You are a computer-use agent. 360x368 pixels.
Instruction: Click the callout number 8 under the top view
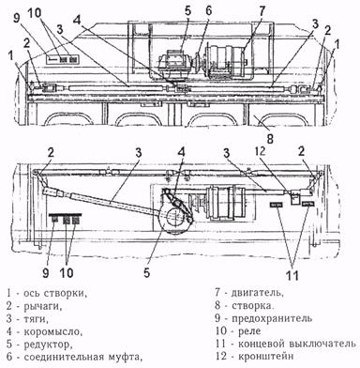pos(270,138)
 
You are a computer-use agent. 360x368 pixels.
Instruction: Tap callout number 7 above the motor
pos(262,11)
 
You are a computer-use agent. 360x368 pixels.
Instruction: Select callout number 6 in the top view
pos(208,10)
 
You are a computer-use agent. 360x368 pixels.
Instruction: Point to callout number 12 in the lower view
pos(261,151)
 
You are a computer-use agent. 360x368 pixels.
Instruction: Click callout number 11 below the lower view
pos(292,275)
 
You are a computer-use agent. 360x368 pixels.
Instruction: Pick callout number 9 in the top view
pos(17,18)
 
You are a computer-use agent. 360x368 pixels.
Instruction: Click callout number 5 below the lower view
pos(147,273)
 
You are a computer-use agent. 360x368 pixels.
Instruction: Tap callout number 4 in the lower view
pos(181,152)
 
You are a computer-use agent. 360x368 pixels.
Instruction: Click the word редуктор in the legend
pos(48,345)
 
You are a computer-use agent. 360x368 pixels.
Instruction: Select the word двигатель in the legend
pos(257,293)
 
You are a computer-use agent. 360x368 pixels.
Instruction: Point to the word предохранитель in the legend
pos(272,318)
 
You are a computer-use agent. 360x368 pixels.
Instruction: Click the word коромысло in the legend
pos(52,331)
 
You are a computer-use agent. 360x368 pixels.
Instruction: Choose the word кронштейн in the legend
pos(265,357)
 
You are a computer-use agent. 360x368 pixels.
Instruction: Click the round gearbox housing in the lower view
pos(173,219)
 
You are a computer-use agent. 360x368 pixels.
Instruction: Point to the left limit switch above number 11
pos(277,205)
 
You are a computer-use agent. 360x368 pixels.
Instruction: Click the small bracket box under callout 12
pos(295,199)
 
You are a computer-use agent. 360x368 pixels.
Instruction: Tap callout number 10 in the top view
pos(34,13)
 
